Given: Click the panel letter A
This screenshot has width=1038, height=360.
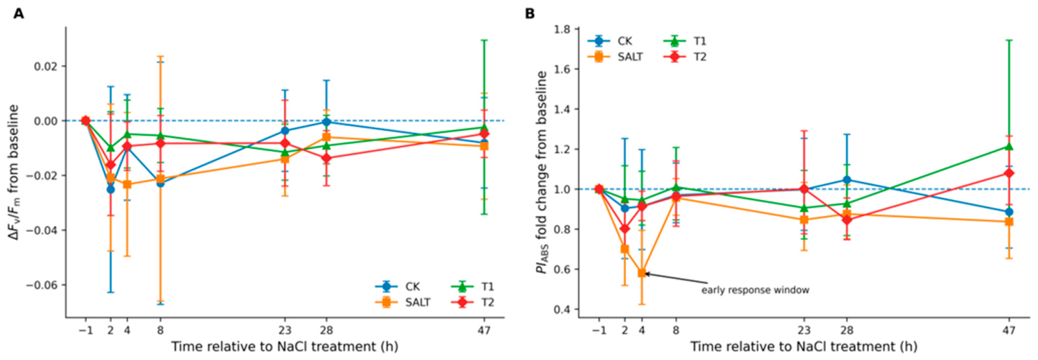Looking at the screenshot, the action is coord(19,14).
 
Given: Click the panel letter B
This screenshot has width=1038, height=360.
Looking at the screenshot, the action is coord(530,14).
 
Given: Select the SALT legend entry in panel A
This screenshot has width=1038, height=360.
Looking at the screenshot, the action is coord(402,303).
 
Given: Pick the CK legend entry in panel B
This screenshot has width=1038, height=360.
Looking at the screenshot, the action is coord(610,42).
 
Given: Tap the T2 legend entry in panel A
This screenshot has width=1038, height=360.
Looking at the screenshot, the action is coord(473,303).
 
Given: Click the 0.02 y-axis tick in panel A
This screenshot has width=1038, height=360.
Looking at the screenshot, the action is coord(48,66).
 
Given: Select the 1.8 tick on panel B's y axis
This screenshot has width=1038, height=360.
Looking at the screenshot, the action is coord(564,29).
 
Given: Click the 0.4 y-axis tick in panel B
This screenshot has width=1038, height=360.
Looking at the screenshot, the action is coord(564,309).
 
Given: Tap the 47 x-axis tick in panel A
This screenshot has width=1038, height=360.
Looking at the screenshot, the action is coord(484,331).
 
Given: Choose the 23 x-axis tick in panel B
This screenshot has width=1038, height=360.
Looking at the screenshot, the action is coord(804,331).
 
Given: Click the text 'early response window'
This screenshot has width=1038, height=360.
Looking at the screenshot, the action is coord(755,291).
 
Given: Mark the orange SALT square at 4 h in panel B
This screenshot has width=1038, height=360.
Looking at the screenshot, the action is coord(642,273).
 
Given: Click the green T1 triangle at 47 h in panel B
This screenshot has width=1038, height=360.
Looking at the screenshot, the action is coord(1009,146).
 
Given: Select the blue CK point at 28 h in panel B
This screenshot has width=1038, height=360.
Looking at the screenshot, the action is coord(847,180).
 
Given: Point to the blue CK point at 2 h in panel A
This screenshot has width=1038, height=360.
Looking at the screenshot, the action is coord(111,189).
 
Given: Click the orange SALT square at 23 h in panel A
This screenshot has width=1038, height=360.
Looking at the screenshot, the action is coord(285,159).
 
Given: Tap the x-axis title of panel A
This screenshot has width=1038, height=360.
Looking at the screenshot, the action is coord(285,347).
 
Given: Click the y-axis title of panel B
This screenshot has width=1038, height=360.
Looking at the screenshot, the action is coord(542,172).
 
